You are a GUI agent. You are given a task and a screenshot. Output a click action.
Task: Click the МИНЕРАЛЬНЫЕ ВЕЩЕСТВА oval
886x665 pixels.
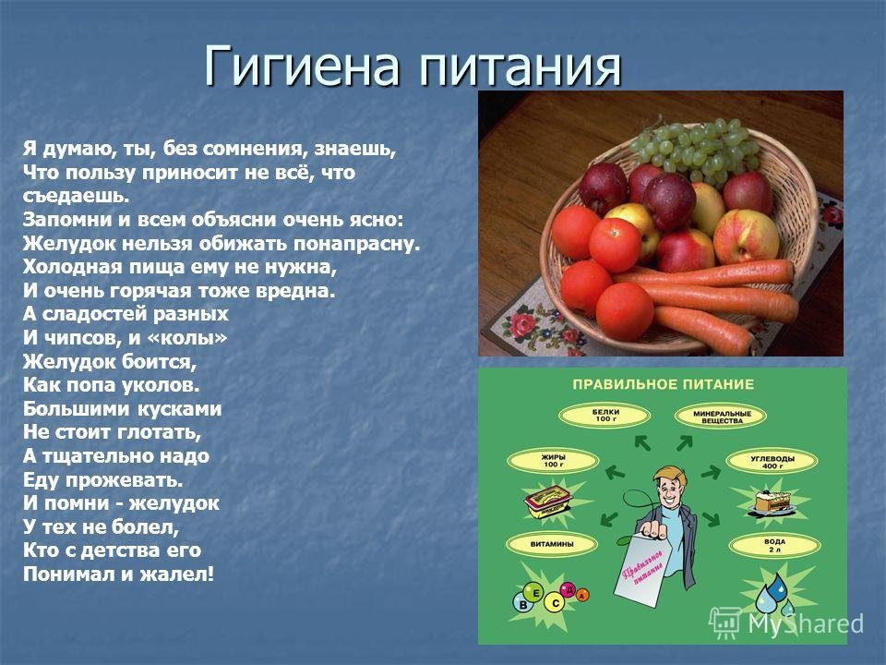(x=721, y=417)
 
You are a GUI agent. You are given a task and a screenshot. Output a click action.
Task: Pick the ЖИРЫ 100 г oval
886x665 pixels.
(x=553, y=461)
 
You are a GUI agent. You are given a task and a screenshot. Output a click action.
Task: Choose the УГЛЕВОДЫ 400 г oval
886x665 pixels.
(x=772, y=462)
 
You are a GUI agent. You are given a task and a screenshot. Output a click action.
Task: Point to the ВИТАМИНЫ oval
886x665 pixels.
(x=552, y=544)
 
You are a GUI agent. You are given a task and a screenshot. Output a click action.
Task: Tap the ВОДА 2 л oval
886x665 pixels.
(x=774, y=546)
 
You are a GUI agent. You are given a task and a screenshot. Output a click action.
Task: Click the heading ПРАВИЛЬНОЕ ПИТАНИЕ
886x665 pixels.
(x=663, y=384)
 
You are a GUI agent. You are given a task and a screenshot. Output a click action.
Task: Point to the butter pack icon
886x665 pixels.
(x=548, y=502)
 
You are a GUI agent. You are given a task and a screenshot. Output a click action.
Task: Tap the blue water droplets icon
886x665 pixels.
(x=776, y=594)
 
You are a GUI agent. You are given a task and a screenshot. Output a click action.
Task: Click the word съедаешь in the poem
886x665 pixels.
(x=77, y=196)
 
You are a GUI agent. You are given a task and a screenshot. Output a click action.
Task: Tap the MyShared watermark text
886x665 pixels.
(x=805, y=623)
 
